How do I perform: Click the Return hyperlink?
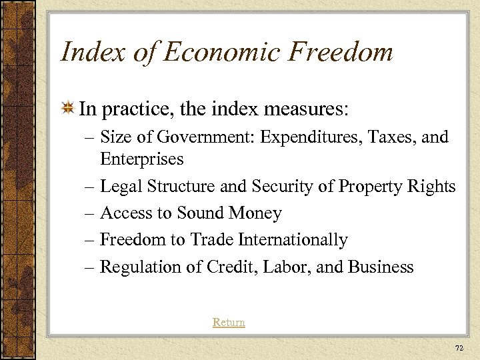coord(229,322)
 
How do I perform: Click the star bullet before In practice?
coord(67,109)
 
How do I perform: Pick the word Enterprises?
coord(141,159)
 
